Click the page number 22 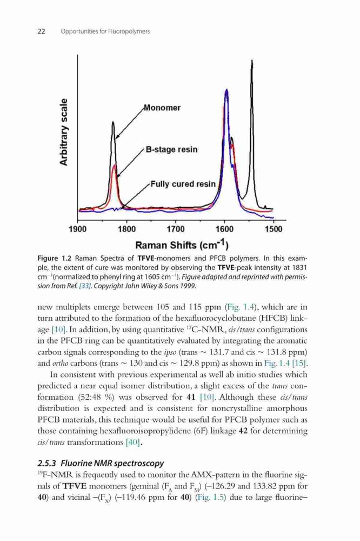pos(41,31)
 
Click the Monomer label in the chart pos(162,108)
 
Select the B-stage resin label pos(172,150)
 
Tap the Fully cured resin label pos(183,184)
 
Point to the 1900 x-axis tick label pos(78,229)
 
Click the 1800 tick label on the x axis pos(127,229)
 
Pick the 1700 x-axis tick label pos(176,229)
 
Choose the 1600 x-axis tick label pos(224,229)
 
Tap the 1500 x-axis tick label pos(274,229)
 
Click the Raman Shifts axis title pos(182,245)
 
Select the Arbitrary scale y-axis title pos(64,132)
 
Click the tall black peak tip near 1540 pos(252,61)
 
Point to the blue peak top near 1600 pos(226,90)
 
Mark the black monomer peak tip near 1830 pos(113,122)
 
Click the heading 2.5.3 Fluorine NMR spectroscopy pos(101,463)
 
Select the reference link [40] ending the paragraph pos(133,443)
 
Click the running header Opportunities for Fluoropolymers pos(105,31)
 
